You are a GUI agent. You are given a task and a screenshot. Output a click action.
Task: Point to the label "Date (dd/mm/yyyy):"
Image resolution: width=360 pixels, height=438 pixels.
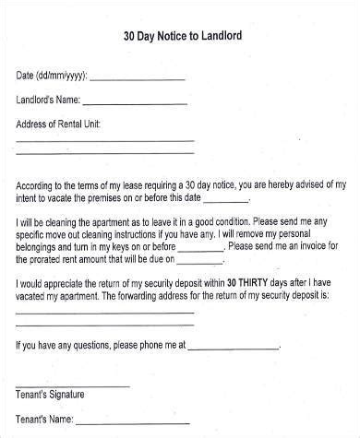tap(53, 77)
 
